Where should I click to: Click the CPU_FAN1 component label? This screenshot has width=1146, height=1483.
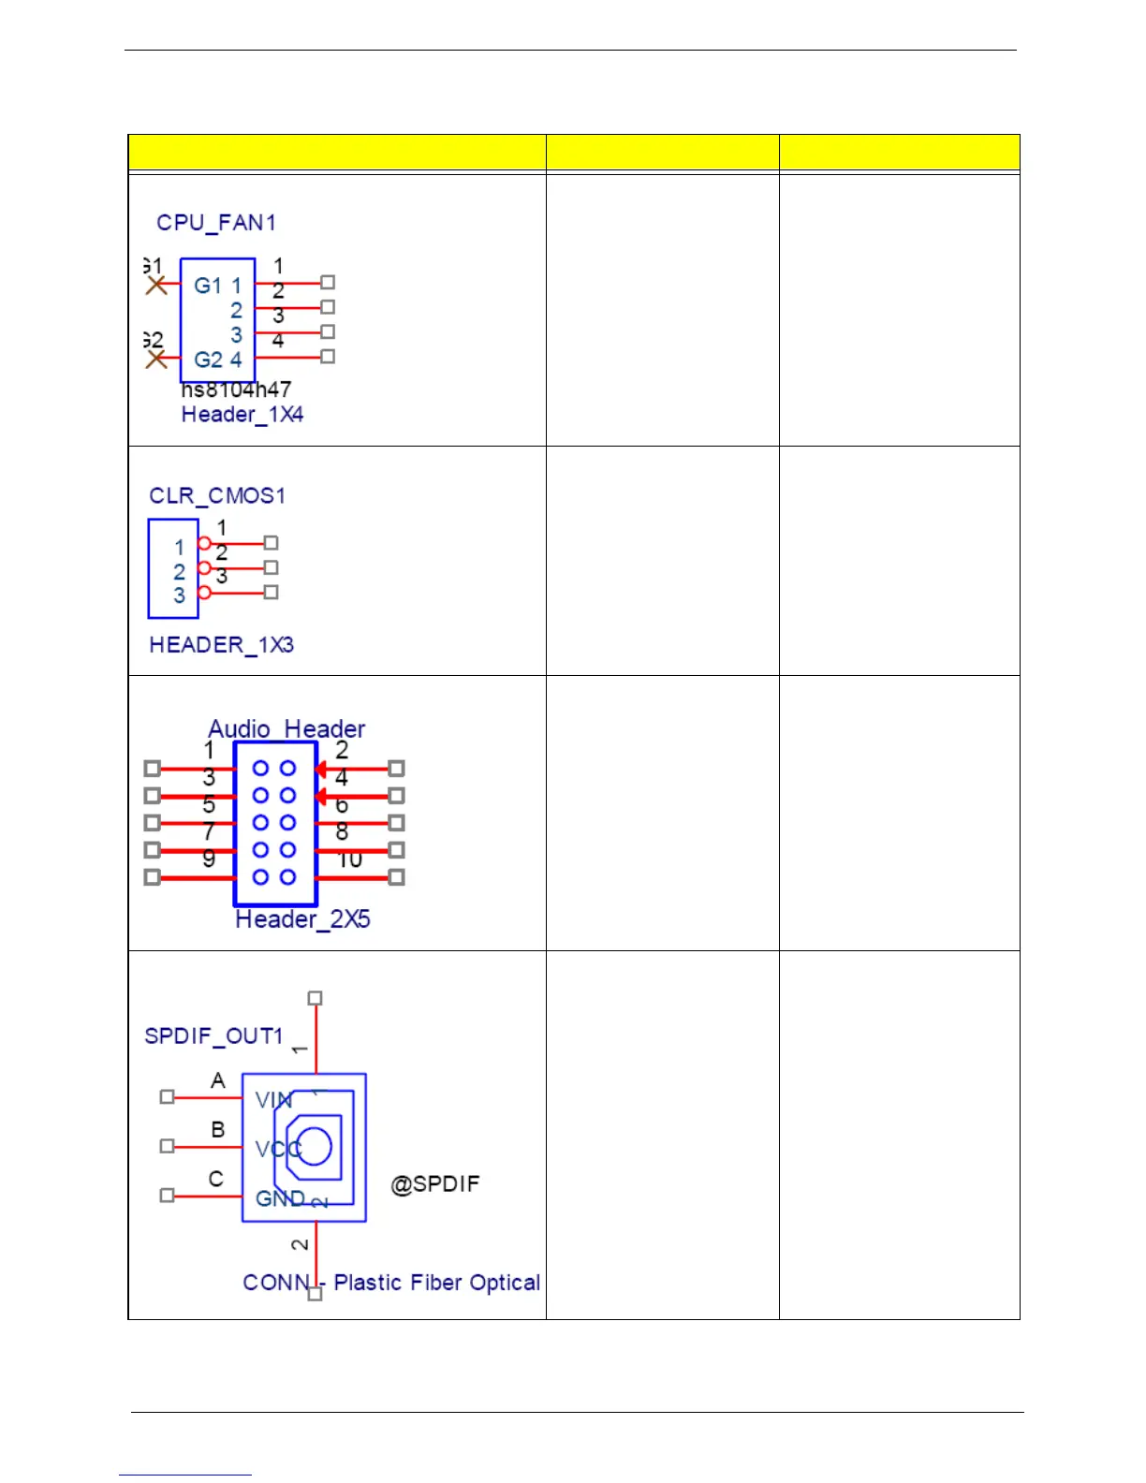coord(216,223)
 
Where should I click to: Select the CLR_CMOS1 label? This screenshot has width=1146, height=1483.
coord(217,495)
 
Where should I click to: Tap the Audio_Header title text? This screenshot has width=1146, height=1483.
coord(286,728)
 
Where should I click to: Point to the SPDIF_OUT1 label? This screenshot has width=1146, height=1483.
coord(213,1036)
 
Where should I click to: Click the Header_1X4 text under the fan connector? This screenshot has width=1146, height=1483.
coord(242,415)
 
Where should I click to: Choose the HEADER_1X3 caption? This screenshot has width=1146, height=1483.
coord(222,645)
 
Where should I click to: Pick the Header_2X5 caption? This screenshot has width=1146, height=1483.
coord(302,919)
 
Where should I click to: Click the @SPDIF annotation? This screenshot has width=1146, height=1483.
coord(435,1184)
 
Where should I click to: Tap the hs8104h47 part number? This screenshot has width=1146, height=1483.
coord(236,389)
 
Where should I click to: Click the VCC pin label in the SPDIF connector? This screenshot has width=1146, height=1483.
coord(277,1148)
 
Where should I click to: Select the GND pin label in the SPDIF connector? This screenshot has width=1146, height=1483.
coord(280,1198)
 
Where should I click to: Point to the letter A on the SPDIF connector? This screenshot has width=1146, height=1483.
coord(218,1081)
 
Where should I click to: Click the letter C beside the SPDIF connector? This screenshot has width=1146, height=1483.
coord(216,1179)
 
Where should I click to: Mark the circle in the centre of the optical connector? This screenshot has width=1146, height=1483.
coord(315,1146)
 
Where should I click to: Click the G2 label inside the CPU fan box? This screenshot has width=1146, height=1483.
coord(208,360)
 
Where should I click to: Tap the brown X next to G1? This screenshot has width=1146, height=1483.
coord(156,284)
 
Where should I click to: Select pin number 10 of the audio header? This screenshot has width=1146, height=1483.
coord(350,859)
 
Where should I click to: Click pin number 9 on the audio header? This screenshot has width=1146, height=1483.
coord(209,858)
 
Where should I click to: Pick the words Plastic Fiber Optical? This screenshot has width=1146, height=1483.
coord(437,1283)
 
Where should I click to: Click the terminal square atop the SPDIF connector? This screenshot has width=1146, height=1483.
coord(316,998)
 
